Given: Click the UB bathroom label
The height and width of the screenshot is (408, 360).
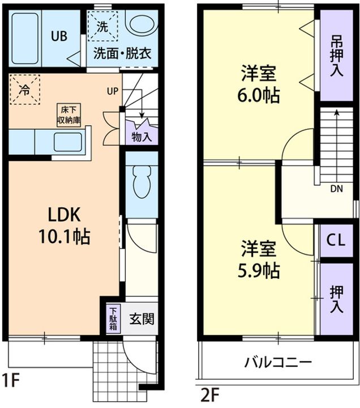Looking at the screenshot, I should (59, 37).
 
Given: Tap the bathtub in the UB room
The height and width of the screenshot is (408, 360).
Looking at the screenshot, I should (25, 37).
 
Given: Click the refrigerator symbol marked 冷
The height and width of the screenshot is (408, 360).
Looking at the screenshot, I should (25, 90).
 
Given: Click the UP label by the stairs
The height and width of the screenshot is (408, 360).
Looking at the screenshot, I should (113, 91).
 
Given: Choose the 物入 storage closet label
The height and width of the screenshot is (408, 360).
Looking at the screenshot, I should (142, 137).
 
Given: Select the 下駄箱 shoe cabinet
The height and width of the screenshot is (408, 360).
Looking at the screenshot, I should (113, 318).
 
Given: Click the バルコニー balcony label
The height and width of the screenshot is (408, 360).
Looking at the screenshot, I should (278, 362).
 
